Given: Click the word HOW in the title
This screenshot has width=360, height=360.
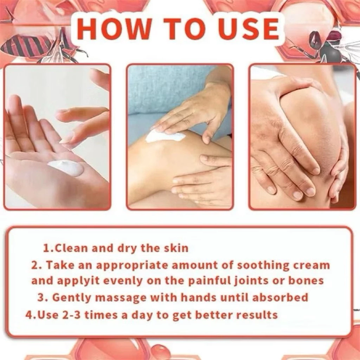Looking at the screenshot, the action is tap(113, 28).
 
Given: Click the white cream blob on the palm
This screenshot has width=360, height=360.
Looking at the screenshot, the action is tap(66, 168).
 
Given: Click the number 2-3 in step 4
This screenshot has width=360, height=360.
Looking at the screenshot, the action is tap(72, 315).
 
